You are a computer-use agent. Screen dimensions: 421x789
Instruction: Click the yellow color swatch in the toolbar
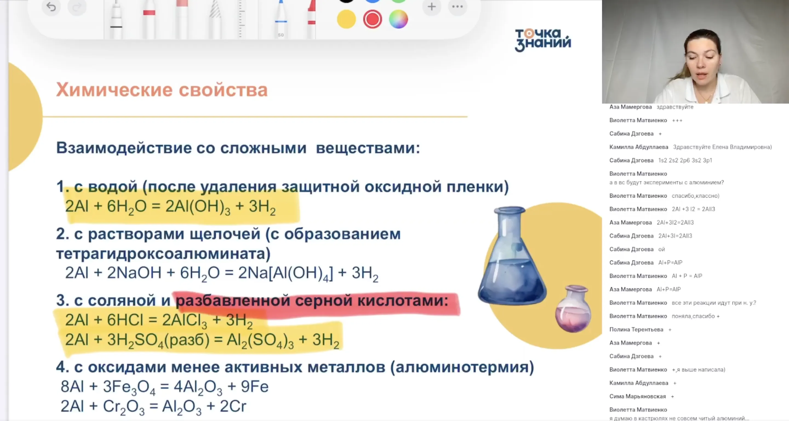click(x=346, y=19)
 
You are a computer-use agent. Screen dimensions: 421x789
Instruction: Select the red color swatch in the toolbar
click(x=373, y=19)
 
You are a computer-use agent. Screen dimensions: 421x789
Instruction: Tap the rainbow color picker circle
click(x=398, y=19)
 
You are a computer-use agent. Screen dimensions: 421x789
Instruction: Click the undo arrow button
click(x=51, y=7)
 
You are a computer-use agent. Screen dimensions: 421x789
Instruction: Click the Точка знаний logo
click(x=543, y=40)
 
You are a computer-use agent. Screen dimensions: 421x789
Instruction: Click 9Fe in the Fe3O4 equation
click(x=255, y=387)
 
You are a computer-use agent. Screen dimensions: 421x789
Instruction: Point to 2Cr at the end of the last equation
click(x=233, y=406)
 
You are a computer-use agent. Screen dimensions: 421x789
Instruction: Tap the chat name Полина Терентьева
click(x=636, y=329)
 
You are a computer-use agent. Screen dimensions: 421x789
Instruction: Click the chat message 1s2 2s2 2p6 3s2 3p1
click(x=685, y=160)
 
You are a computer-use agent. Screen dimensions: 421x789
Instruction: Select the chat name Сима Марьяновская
click(x=638, y=396)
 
